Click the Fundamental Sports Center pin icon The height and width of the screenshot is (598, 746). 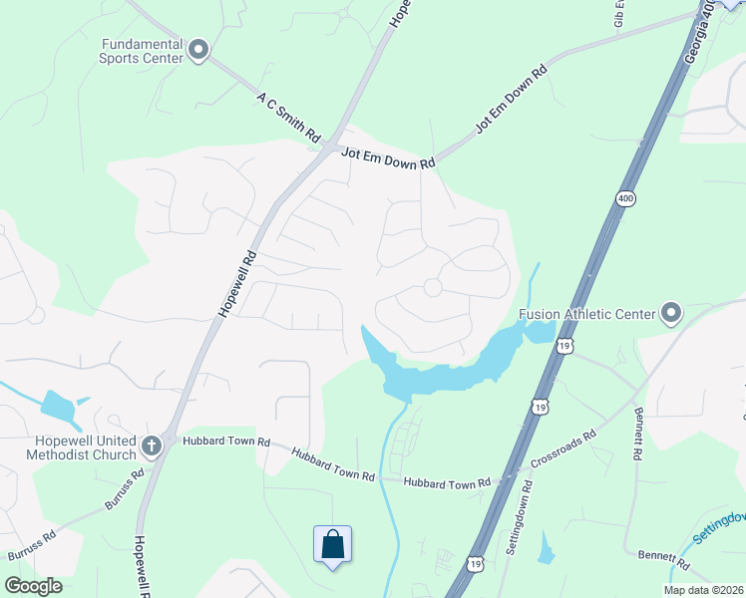tap(197, 50)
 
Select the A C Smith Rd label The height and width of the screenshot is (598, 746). tap(287, 118)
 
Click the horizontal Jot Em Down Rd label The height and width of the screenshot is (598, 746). tap(389, 156)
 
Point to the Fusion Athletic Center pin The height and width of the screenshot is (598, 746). tap(670, 314)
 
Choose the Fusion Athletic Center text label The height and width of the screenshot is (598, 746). tap(586, 314)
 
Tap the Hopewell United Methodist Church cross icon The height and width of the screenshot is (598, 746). tap(152, 445)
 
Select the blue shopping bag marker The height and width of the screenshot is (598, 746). tap(332, 545)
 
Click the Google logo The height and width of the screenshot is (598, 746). tap(33, 585)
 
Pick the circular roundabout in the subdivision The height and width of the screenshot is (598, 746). tap(433, 287)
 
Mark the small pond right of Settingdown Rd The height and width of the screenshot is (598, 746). tap(545, 548)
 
